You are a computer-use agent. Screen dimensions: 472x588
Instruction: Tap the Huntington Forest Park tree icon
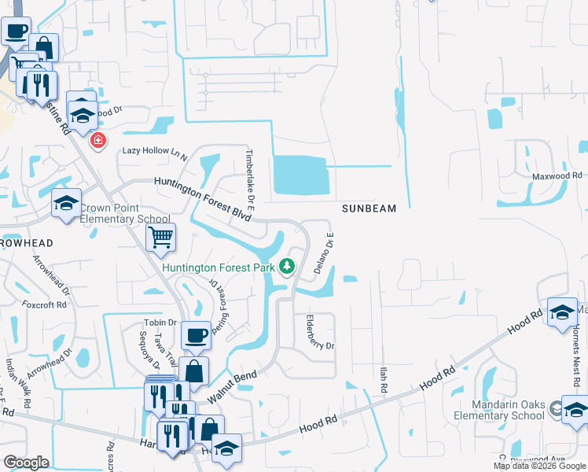click(x=287, y=267)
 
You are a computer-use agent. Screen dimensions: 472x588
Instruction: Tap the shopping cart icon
click(x=160, y=236)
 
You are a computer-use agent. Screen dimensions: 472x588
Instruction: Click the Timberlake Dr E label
click(x=249, y=173)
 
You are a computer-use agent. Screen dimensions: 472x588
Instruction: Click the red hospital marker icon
click(x=98, y=141)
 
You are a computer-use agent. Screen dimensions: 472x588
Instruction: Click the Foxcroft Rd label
click(x=41, y=304)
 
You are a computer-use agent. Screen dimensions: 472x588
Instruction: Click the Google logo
click(x=27, y=463)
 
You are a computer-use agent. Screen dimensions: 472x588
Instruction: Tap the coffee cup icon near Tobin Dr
click(x=196, y=336)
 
